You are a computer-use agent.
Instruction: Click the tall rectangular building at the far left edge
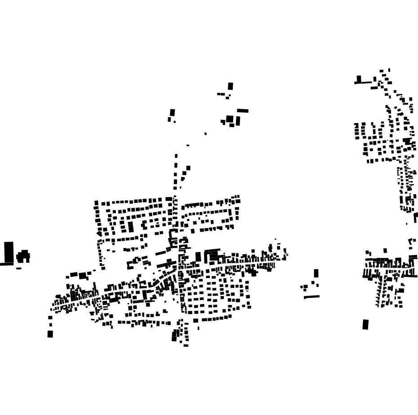(9, 252)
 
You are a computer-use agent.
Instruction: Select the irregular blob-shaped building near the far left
(23, 256)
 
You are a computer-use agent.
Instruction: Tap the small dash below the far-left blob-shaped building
(19, 269)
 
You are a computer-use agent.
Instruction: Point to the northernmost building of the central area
(231, 86)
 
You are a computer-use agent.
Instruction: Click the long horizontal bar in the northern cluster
(243, 110)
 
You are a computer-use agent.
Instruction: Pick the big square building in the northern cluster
(230, 119)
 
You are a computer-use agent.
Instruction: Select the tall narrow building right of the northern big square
(238, 121)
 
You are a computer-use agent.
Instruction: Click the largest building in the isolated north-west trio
(172, 112)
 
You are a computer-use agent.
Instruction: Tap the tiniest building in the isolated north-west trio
(174, 122)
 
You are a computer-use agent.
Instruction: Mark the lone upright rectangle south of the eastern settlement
(365, 324)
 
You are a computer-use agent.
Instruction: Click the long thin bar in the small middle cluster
(311, 296)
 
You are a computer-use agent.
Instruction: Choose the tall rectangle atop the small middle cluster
(316, 273)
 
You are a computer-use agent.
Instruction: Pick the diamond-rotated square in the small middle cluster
(302, 287)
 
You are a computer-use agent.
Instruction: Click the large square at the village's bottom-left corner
(50, 334)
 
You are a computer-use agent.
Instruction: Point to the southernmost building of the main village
(186, 345)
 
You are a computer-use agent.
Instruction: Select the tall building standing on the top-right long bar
(359, 79)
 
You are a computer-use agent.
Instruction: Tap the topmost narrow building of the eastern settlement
(389, 70)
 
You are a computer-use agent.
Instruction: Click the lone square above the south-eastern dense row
(385, 251)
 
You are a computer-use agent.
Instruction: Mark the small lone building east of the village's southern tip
(198, 328)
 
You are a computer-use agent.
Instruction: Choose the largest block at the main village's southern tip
(175, 335)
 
